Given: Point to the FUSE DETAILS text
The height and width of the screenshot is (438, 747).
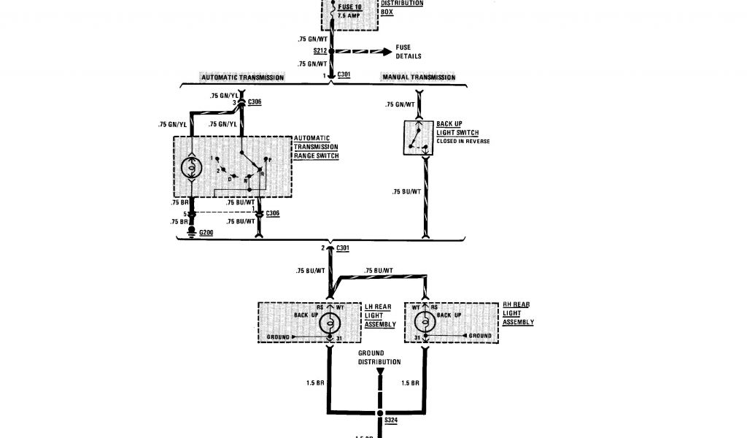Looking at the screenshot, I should [x=409, y=52].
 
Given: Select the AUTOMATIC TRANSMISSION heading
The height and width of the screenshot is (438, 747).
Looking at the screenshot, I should [x=242, y=77].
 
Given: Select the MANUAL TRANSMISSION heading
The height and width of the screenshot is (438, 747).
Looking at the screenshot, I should [x=419, y=77].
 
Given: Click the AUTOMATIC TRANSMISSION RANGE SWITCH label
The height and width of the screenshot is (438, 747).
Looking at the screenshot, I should [x=316, y=147].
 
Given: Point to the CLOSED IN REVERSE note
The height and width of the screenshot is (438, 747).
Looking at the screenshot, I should [x=462, y=141].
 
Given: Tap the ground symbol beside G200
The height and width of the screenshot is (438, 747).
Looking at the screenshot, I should [x=193, y=233].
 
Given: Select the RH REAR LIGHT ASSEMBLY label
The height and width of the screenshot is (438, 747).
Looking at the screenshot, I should [x=518, y=312].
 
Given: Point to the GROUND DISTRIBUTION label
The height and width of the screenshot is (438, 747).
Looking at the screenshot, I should [x=379, y=358].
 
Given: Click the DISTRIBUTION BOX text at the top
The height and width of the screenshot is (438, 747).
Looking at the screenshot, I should [x=401, y=7].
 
